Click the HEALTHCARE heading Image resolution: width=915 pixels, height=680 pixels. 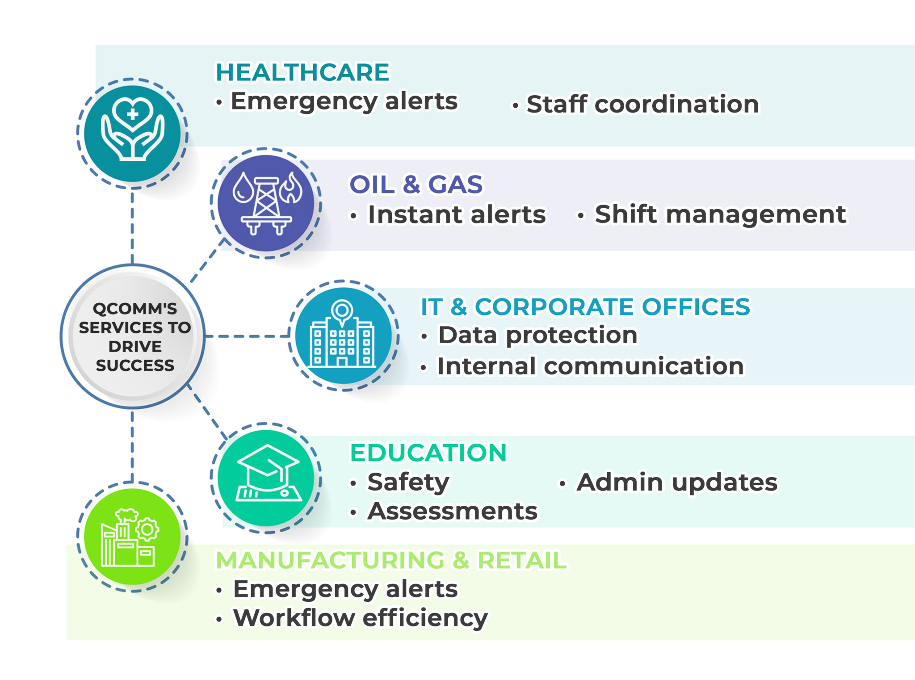tap(302, 72)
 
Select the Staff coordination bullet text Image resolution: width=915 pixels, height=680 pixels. tap(642, 105)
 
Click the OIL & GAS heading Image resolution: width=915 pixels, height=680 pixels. tap(416, 185)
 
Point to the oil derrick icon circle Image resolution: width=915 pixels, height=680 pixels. tap(266, 203)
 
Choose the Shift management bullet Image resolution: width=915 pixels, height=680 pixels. tap(720, 214)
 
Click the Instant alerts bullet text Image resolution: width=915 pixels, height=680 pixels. tap(456, 215)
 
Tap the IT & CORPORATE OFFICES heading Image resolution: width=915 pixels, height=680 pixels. tap(585, 307)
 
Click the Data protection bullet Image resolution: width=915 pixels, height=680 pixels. tap(537, 335)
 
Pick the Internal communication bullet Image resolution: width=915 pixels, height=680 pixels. tap(591, 366)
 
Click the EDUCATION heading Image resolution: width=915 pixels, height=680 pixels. tap(428, 453)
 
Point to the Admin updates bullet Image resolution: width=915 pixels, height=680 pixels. tap(677, 483)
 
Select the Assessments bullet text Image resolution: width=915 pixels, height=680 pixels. tap(452, 511)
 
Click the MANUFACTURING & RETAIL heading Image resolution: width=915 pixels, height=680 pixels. tap(391, 560)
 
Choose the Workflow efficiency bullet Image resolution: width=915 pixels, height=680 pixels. tap(360, 618)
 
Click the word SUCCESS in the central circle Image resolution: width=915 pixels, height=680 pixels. tap(135, 365)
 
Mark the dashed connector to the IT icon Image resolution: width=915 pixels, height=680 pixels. tap(247, 336)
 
